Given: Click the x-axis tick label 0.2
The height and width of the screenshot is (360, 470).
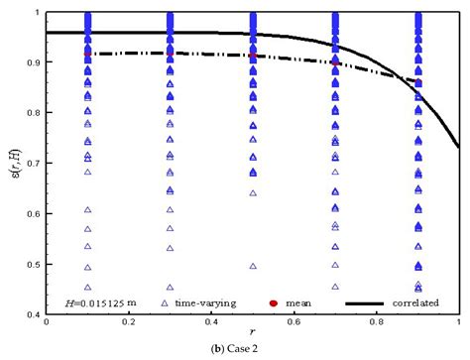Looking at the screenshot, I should click(x=129, y=323).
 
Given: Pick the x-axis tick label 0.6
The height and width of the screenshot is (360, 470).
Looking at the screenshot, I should click(x=294, y=323).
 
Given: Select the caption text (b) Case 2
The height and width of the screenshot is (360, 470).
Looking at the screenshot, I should click(x=236, y=350).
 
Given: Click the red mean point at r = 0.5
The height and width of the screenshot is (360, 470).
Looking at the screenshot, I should click(x=254, y=56).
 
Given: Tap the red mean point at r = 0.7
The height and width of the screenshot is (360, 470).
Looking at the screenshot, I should click(x=335, y=62).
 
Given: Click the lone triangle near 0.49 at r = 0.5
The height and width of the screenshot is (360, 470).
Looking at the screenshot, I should click(x=254, y=267).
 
